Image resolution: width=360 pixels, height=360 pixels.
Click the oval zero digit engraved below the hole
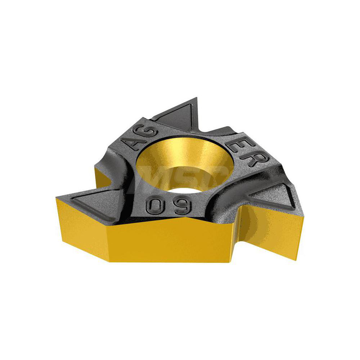[x=152, y=206]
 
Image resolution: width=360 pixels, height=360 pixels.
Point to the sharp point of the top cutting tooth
[x=196, y=98]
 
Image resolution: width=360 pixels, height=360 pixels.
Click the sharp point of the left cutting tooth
[x=57, y=197]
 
